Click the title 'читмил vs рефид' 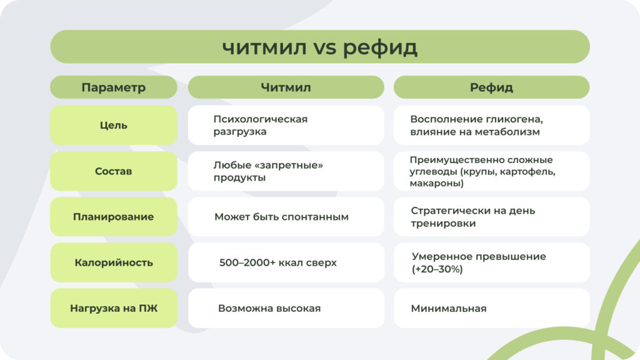pyautogui.click(x=319, y=47)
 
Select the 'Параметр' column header pyautogui.click(x=113, y=87)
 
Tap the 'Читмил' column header pyautogui.click(x=286, y=87)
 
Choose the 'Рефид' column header pyautogui.click(x=491, y=87)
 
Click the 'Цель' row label pyautogui.click(x=113, y=125)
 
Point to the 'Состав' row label pyautogui.click(x=113, y=171)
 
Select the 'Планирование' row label pyautogui.click(x=113, y=217)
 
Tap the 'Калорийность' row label pyautogui.click(x=113, y=262)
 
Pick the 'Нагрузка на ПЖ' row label pyautogui.click(x=113, y=308)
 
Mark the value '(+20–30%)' pyautogui.click(x=437, y=269)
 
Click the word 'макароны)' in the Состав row pyautogui.click(x=436, y=184)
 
